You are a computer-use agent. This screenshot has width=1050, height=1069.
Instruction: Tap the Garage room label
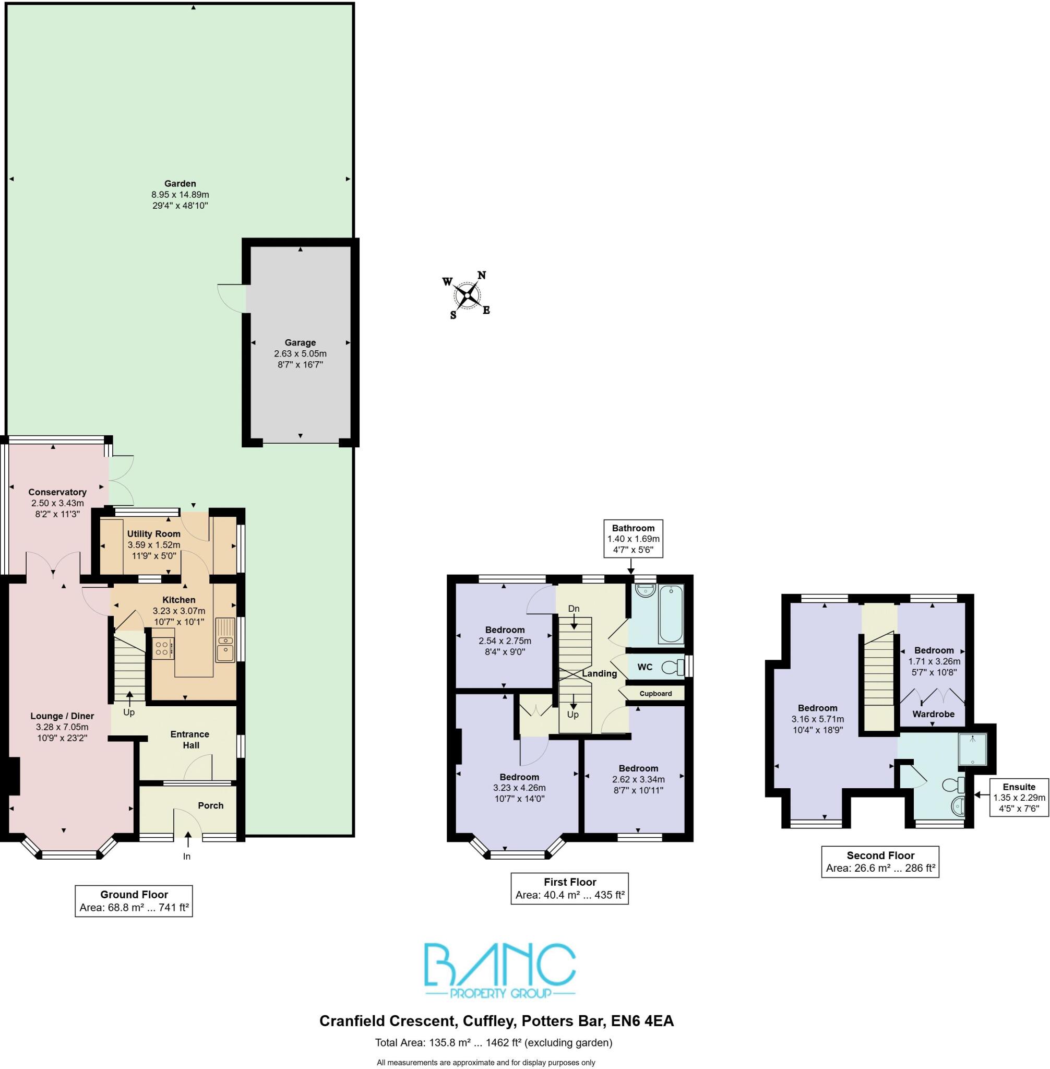point(300,342)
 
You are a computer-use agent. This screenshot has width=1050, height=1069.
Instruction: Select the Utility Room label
point(154,534)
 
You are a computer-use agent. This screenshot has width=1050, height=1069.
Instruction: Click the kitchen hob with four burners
point(163,648)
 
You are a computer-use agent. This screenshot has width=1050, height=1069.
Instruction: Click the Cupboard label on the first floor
point(655,693)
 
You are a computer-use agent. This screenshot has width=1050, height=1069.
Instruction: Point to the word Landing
point(600,673)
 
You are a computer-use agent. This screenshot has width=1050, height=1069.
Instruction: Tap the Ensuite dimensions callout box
point(1019,798)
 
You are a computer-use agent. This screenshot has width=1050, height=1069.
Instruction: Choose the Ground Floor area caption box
point(134,901)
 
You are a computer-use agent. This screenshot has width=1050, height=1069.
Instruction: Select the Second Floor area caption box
point(880,862)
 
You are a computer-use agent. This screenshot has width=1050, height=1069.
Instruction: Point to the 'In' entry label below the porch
point(187,857)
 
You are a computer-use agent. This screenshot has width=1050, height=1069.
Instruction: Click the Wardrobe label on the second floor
point(933,714)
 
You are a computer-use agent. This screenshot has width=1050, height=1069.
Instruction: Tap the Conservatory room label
point(57,492)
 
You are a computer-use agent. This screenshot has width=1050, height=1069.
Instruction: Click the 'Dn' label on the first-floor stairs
point(574,609)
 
